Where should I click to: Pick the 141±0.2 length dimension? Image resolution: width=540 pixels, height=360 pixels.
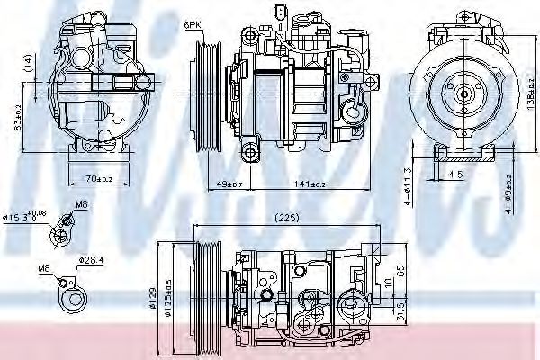tap(302, 185)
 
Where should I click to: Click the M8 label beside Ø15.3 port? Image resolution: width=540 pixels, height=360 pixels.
tap(81, 205)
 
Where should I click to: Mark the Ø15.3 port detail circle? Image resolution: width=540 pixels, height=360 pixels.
tap(61, 232)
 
